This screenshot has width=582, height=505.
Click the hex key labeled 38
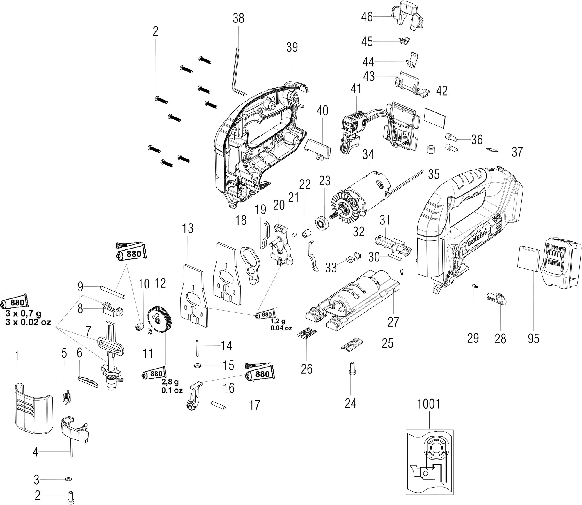point(239,73)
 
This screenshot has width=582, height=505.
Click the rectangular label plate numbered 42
point(435,118)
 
